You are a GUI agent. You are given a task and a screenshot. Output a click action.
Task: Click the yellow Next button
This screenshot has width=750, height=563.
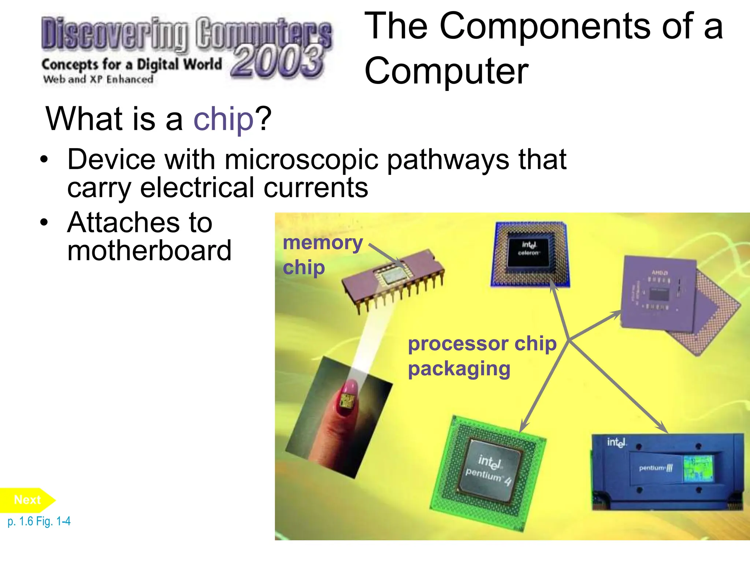(x=27, y=500)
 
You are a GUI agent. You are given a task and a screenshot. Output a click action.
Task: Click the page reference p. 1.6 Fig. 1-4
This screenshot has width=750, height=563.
(x=39, y=521)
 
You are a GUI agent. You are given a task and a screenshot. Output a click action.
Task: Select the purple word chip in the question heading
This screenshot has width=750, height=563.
(x=223, y=119)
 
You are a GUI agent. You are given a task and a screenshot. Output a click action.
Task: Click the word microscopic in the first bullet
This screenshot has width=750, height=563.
(x=301, y=160)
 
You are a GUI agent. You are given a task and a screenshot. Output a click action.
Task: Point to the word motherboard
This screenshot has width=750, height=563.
(x=149, y=251)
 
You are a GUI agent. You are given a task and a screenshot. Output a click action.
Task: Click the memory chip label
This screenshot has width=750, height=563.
(x=322, y=255)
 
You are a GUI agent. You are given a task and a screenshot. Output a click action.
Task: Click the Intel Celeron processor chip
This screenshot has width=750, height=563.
(x=530, y=254)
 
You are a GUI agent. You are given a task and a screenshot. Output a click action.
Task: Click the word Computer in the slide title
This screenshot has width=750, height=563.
(x=446, y=71)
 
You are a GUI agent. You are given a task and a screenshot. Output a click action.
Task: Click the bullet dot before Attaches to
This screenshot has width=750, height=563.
(x=44, y=222)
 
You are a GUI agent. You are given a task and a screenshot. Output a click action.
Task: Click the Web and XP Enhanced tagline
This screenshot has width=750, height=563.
(x=98, y=79)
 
